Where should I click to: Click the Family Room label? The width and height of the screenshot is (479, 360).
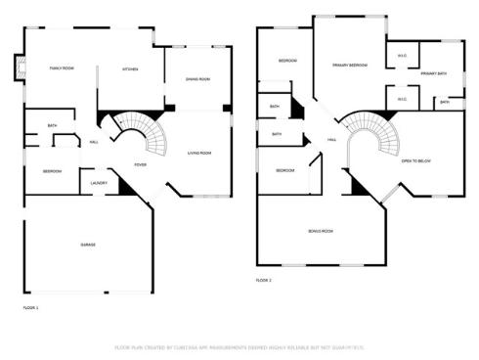coord(62,68)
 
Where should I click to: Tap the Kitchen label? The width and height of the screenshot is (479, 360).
coord(130,69)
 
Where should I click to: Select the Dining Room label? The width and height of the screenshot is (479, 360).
coord(197,78)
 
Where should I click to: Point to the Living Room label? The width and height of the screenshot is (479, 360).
coord(200,153)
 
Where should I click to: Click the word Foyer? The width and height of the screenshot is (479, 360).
coord(141,164)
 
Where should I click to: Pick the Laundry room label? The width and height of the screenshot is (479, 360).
coord(99,182)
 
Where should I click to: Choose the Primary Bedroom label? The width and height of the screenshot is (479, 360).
coord(350,65)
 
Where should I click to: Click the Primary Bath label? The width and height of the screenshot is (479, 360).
coord(434,74)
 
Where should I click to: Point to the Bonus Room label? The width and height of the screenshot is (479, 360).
coord(321,231)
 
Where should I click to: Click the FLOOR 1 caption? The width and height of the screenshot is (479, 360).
coord(31,308)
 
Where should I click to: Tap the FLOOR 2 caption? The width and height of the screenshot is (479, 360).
coord(264,280)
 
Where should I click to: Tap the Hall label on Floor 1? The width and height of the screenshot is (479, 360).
coord(94,142)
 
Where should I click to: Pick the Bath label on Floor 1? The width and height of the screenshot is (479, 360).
coord(52,125)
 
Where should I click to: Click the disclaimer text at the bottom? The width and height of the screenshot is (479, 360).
coord(239,346)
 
